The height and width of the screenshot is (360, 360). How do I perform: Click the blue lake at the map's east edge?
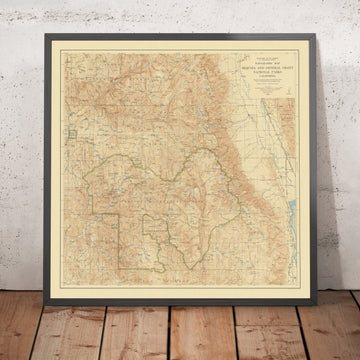coord(291,211)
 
